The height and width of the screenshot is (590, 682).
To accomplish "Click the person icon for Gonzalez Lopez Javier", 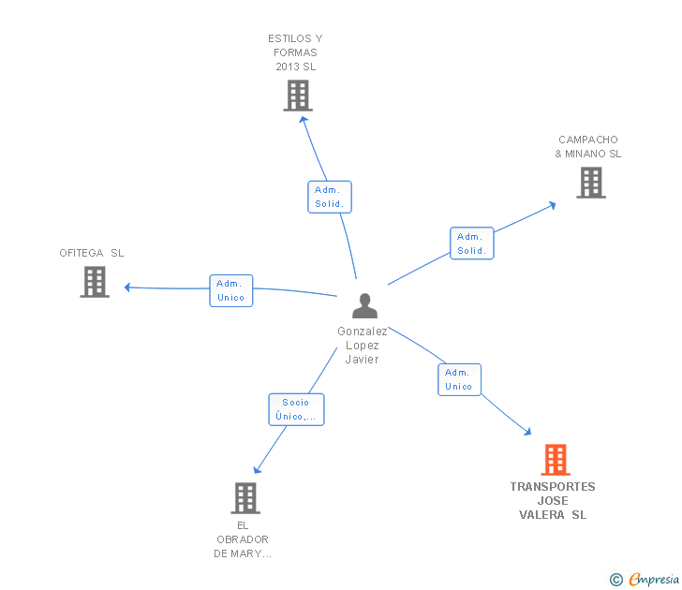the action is pos(364,305).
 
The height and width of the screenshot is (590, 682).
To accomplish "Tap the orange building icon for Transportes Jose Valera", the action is pos(556,460).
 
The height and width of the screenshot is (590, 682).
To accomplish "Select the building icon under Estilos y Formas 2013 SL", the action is pos(298,96).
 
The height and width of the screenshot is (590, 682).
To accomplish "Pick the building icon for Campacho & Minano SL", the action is pos(591,183).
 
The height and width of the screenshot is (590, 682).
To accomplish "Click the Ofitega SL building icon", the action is pos(95,282).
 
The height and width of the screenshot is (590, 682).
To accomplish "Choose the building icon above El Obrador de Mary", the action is pos(245,498).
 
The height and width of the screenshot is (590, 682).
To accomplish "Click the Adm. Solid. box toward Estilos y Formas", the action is pos(330,197).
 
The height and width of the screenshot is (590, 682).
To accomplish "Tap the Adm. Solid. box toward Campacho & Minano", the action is pos(472,243).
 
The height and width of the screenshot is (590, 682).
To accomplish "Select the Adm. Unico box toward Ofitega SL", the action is pos(231,291).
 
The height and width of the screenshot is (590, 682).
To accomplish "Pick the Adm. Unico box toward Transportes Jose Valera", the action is pos(459,379).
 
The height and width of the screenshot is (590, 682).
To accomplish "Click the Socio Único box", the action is pos(296,409).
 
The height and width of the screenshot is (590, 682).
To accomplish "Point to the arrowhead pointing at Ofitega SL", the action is pos(127,288).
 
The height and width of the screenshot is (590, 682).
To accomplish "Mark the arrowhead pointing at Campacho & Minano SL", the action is pos(553,205).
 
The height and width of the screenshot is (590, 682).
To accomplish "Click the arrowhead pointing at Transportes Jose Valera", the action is pos(527,432).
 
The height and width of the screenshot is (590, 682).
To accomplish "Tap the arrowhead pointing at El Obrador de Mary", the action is pos(257,469).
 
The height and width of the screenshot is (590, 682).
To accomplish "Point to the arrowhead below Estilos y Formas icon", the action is pos(304,120).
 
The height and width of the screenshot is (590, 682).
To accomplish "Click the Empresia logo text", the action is pos(654,580).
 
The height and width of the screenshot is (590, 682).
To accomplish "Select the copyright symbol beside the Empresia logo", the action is pos(616,580).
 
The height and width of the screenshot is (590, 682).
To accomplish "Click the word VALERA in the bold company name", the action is pos(541,515).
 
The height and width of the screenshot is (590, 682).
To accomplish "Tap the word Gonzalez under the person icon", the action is pos(363,332).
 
